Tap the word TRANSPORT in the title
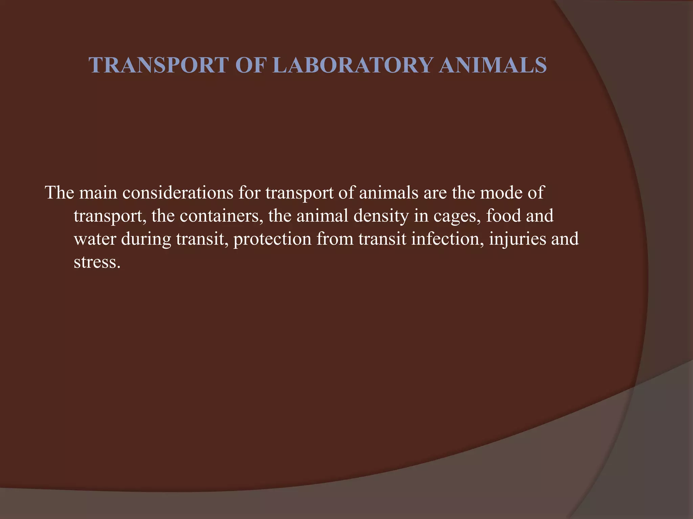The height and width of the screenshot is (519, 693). click(x=159, y=65)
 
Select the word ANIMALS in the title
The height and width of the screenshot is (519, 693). click(x=493, y=65)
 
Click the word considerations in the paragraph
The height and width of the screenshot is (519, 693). click(x=178, y=193)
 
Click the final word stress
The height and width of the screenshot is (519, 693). click(x=97, y=262)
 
